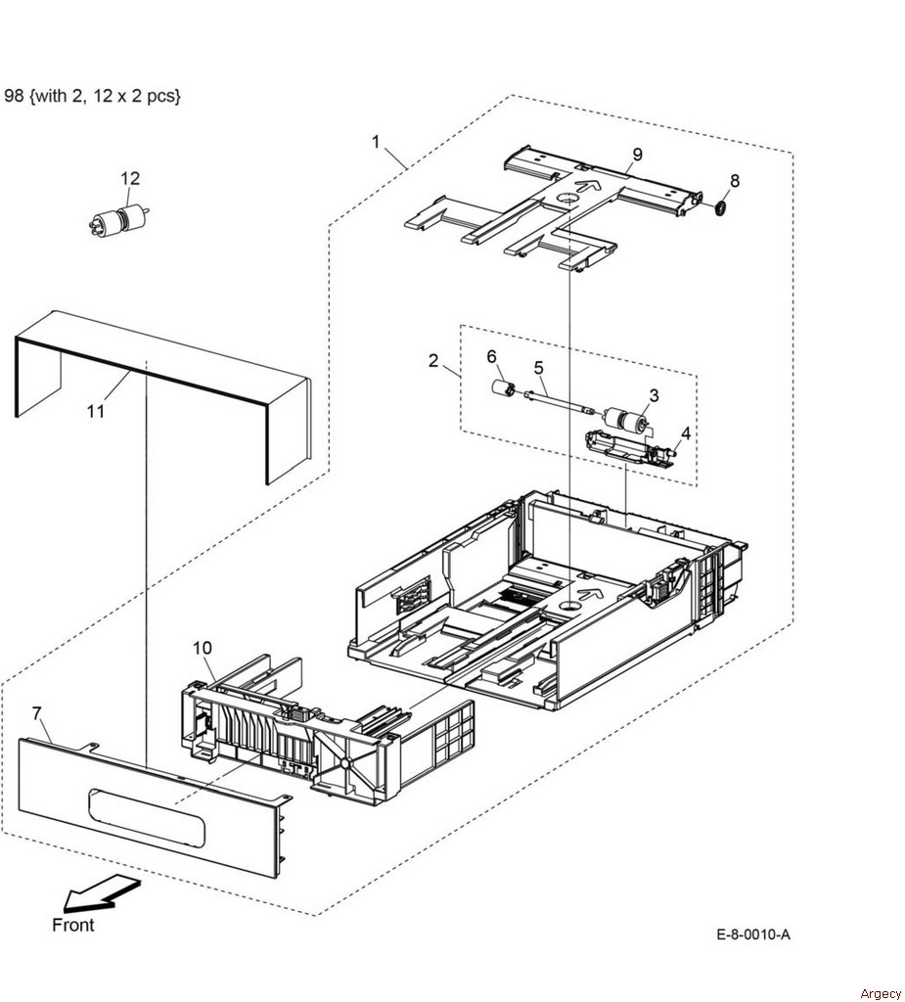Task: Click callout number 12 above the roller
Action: [x=130, y=178]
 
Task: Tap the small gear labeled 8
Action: [x=719, y=207]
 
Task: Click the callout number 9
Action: [x=637, y=154]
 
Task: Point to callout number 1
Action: [x=376, y=141]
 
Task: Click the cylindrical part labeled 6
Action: [x=503, y=388]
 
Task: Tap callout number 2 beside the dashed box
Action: [x=433, y=360]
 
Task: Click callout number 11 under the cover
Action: [x=95, y=411]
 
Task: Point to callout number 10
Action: [x=202, y=648]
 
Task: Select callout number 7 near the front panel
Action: [x=36, y=712]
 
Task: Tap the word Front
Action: [x=72, y=925]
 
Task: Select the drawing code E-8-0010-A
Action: [x=753, y=934]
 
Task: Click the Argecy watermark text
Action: [x=880, y=993]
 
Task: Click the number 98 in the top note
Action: [x=14, y=96]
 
